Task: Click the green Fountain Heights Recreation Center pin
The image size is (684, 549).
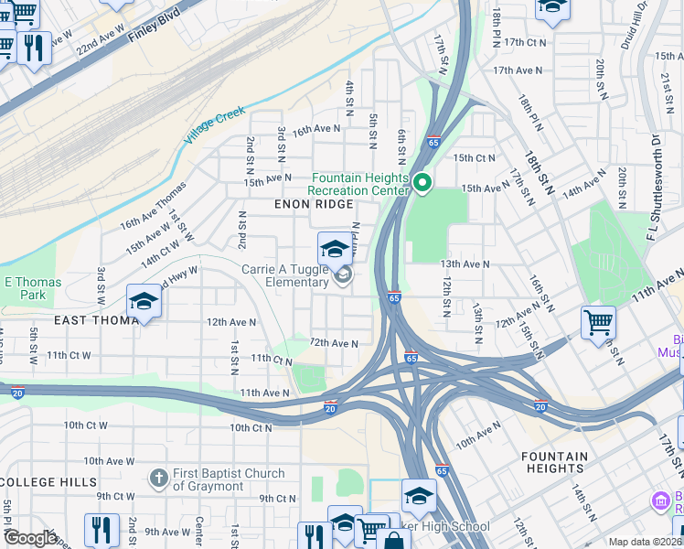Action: [x=422, y=184]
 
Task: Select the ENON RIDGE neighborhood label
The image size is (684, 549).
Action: [x=314, y=204]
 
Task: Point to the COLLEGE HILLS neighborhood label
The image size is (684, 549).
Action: [x=48, y=481]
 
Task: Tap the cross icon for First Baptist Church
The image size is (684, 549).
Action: [x=158, y=478]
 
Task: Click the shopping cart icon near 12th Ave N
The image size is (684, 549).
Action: [x=598, y=321]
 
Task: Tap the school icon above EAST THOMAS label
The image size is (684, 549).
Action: [x=144, y=301]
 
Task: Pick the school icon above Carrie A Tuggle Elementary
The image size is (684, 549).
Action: [x=335, y=249]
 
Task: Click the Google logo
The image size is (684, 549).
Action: [x=29, y=538]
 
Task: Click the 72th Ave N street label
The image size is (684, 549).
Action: [x=334, y=343]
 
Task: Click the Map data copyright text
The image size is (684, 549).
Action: [x=645, y=542]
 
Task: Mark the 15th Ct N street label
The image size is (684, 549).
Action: [x=474, y=157]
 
